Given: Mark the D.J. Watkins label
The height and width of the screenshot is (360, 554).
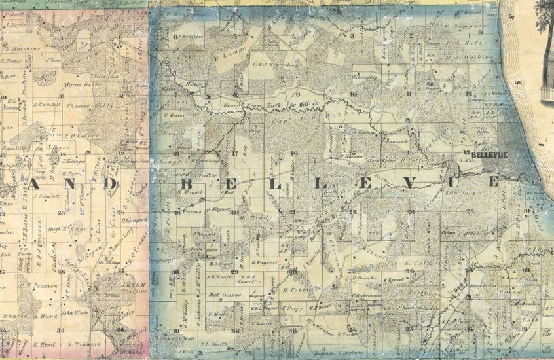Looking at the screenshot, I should click(478, 58).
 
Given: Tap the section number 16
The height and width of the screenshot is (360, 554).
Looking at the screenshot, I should click(295, 153).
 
